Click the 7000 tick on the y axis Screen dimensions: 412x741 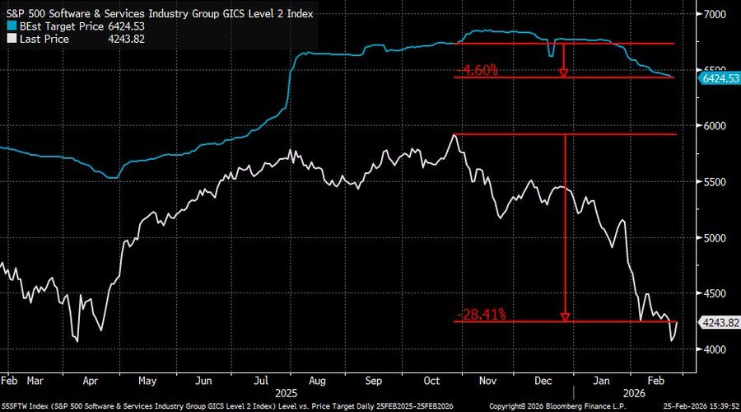coord(711,14)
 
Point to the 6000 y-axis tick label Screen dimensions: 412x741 coord(711,125)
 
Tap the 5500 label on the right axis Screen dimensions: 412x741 coord(711,182)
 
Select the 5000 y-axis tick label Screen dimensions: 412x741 coord(711,238)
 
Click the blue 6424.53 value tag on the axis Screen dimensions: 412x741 coord(718,78)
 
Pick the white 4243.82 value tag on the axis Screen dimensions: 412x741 coord(718,321)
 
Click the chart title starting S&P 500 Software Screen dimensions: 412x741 coord(160,14)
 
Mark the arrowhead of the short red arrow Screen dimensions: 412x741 coord(563,73)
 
